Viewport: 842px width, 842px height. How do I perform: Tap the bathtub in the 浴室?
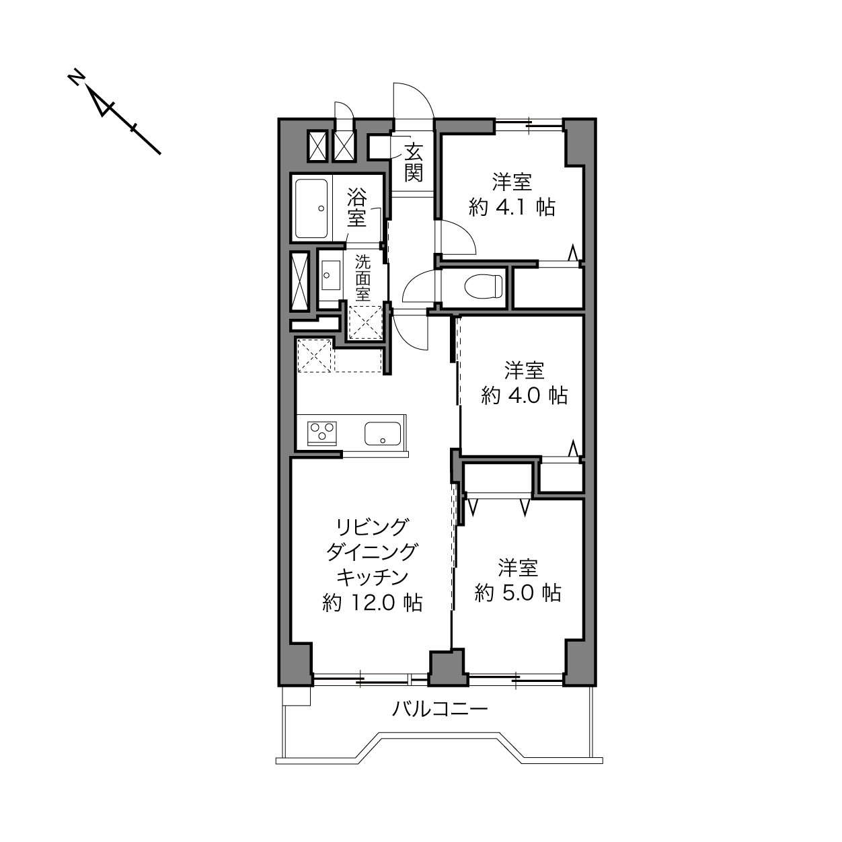[x=311, y=209]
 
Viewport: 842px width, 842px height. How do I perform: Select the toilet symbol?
[x=484, y=286]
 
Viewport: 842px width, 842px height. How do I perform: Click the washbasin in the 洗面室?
[x=331, y=275]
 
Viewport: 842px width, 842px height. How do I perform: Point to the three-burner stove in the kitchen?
[x=322, y=433]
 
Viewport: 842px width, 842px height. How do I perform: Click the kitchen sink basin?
[x=383, y=434]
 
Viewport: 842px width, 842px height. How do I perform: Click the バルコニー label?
[x=440, y=708]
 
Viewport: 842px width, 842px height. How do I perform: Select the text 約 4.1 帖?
[x=512, y=207]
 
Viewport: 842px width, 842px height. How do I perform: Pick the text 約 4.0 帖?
[x=525, y=396]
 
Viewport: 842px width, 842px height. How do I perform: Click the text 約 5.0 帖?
[x=518, y=593]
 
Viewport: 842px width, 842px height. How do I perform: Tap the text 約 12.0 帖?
[x=373, y=603]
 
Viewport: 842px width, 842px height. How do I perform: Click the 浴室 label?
[x=357, y=206]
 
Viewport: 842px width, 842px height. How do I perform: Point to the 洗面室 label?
[x=362, y=278]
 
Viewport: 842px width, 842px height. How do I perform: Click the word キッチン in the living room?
[x=373, y=577]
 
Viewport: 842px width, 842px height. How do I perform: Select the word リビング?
[x=373, y=527]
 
